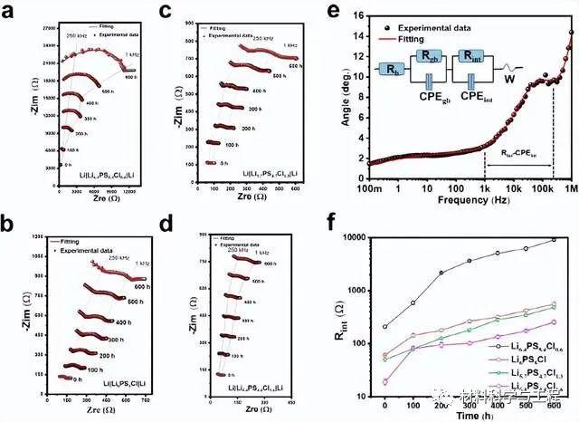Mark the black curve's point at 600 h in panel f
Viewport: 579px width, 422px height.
554,239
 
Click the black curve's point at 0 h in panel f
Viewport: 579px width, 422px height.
385,326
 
